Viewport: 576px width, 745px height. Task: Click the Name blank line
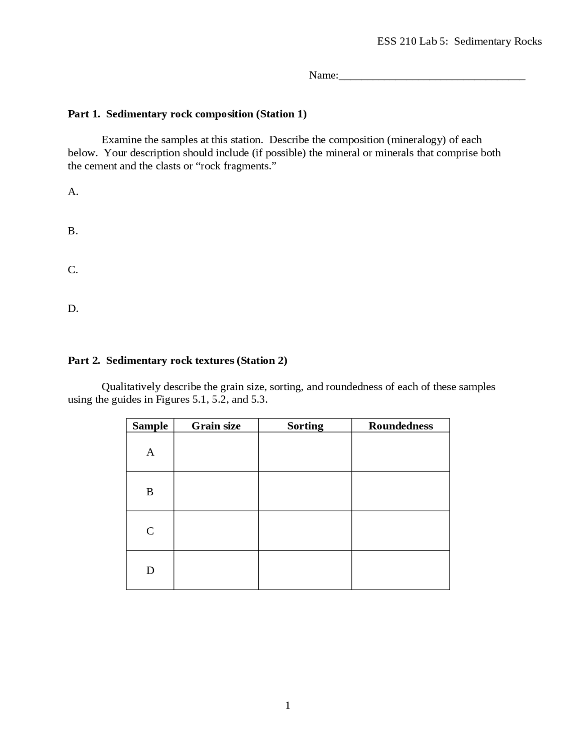click(432, 77)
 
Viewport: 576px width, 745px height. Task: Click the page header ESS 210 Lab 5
click(459, 41)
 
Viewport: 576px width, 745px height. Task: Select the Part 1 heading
click(187, 114)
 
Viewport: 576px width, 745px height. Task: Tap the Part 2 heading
click(177, 360)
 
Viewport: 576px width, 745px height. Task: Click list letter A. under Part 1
click(73, 192)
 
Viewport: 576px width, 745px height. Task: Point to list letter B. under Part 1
click(73, 231)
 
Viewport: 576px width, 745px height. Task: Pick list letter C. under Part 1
click(73, 269)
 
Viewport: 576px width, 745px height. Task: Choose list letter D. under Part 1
click(73, 309)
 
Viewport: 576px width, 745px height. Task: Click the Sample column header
click(150, 426)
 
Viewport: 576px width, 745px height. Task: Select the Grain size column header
click(216, 426)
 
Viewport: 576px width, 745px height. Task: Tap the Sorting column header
click(305, 426)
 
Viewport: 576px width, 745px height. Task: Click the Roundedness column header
click(400, 426)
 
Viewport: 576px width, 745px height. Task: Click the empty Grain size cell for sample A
click(216, 452)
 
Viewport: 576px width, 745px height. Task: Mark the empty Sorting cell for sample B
click(305, 491)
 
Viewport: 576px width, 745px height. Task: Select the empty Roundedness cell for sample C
click(400, 530)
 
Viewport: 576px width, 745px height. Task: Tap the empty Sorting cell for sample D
click(305, 570)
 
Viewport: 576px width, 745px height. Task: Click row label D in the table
click(150, 570)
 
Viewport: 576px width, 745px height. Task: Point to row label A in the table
click(150, 452)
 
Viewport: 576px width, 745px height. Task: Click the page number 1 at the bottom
click(288, 705)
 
